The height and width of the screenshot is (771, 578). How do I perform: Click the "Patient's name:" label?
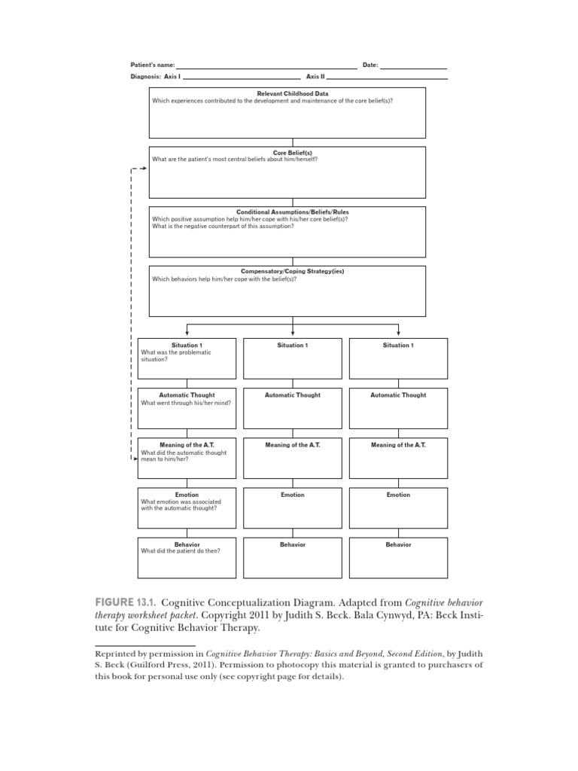coord(152,66)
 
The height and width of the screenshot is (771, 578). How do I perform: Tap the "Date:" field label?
coord(370,66)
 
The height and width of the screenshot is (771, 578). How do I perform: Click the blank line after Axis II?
coord(387,78)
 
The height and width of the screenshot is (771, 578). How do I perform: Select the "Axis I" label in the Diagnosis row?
coord(172,78)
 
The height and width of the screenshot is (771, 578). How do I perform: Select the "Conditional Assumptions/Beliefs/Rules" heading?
coord(292,212)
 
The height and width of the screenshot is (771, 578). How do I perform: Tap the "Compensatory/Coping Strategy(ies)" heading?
coord(292,271)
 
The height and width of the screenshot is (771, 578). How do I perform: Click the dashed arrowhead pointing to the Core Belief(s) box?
coord(143,169)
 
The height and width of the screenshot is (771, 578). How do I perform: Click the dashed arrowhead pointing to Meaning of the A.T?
coord(134,457)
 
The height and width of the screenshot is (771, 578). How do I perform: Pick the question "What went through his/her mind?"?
coord(186,403)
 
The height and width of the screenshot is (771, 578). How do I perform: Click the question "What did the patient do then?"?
coord(181,550)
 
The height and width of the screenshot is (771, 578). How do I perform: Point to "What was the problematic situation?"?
coord(176,355)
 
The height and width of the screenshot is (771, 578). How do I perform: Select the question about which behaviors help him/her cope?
coord(224,279)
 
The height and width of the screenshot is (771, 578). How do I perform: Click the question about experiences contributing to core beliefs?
coord(272,100)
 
